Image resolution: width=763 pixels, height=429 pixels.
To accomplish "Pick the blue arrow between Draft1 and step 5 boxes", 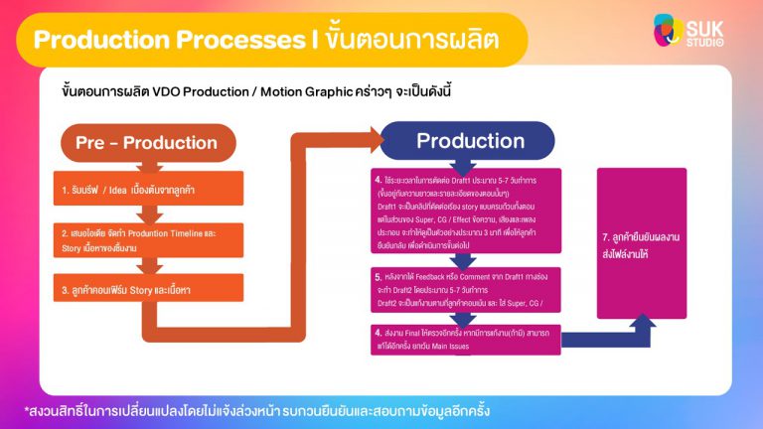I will click(x=467, y=260).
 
